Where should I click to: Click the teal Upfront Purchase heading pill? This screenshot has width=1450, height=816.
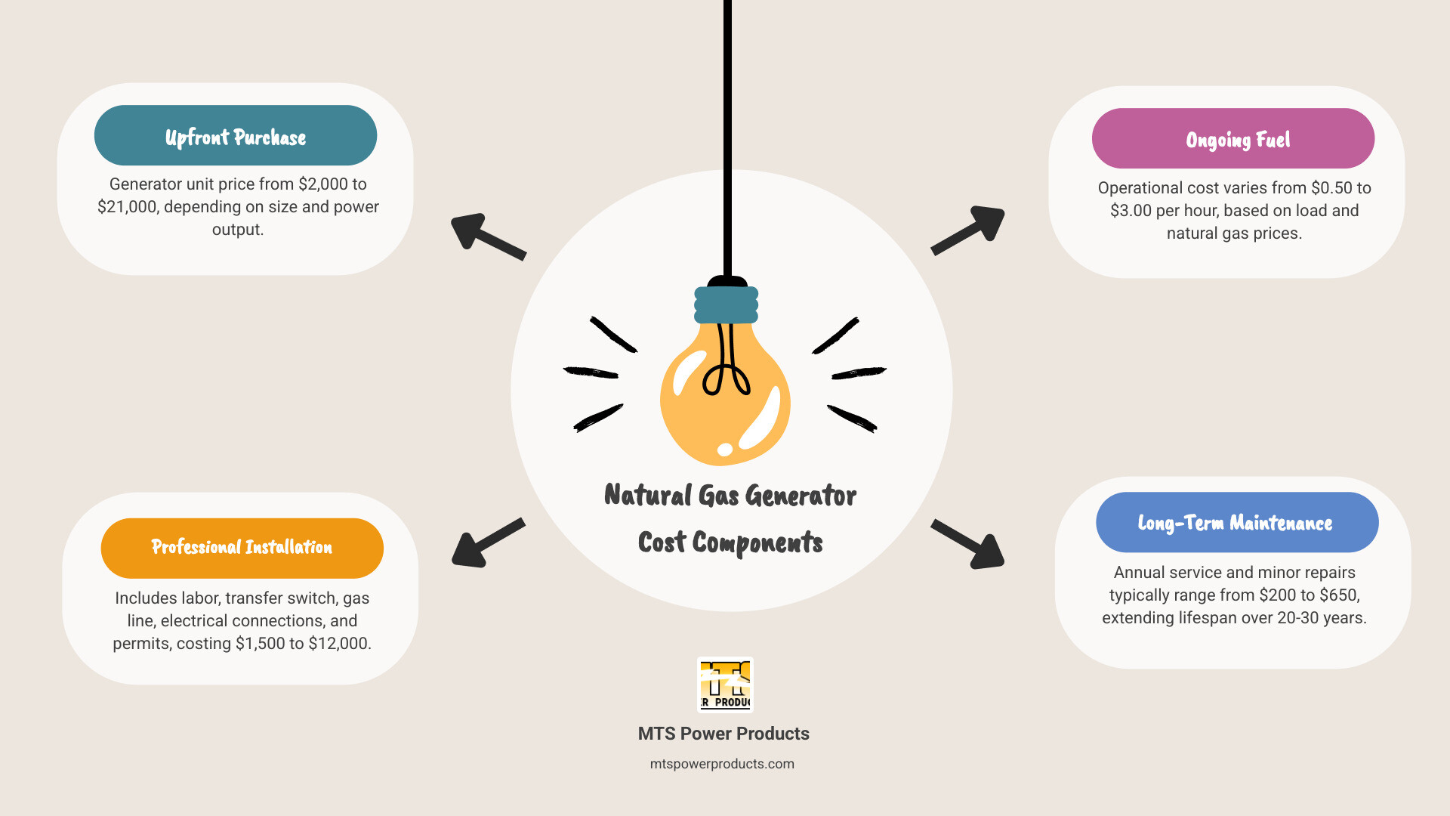[x=236, y=136]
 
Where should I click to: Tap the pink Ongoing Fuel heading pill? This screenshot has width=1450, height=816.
[x=1232, y=139]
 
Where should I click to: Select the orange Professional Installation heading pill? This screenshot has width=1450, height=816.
[x=242, y=548]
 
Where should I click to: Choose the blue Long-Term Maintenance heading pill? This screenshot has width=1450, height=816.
[x=1236, y=523]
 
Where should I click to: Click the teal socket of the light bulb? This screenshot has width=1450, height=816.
[x=726, y=304]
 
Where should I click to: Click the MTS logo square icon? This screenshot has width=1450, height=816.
[x=725, y=685]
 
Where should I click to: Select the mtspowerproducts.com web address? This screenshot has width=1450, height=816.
[x=722, y=764]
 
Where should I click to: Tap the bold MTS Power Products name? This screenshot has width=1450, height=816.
[x=723, y=734]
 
